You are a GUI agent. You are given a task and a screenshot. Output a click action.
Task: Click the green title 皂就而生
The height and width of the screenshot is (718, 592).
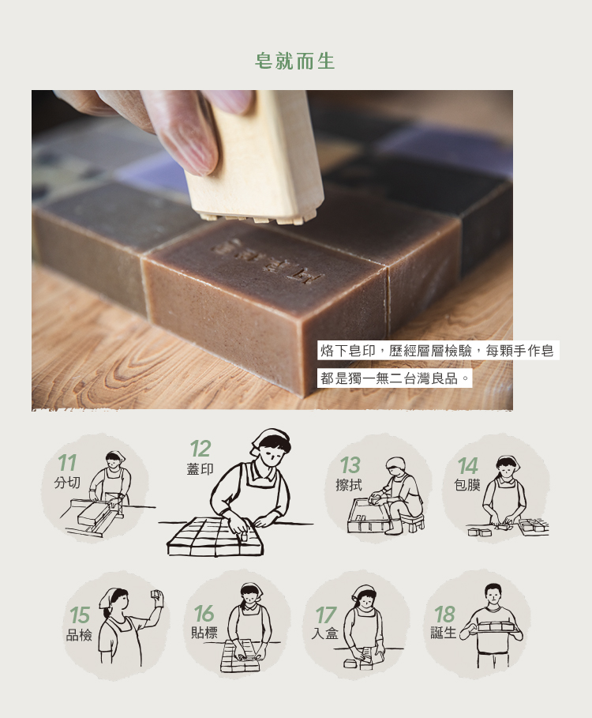click(295, 62)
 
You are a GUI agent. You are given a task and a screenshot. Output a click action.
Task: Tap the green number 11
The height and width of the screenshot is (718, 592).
click(67, 463)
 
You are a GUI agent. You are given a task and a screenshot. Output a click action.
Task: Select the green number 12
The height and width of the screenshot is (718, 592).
click(200, 449)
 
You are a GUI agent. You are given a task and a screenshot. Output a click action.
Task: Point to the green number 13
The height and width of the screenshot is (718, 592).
click(350, 466)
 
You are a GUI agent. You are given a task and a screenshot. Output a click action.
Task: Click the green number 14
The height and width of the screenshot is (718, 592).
click(468, 466)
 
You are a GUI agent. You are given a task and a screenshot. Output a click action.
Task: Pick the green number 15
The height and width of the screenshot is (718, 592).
click(80, 615)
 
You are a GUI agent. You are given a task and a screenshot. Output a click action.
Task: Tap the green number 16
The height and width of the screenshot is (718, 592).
click(204, 613)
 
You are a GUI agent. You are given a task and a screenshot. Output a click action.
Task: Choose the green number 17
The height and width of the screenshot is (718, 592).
click(326, 615)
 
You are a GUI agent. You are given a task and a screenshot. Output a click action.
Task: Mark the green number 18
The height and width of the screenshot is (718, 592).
click(444, 615)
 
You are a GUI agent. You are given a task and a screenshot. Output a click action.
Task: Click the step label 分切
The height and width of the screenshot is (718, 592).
click(67, 482)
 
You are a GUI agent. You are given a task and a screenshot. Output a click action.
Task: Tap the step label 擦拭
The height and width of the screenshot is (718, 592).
click(349, 485)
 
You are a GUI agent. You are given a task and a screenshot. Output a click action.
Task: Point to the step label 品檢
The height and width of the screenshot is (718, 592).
click(79, 635)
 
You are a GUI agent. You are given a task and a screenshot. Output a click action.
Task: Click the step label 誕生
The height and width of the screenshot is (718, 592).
click(444, 633)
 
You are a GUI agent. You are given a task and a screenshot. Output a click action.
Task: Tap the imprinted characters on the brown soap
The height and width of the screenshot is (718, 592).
click(268, 261)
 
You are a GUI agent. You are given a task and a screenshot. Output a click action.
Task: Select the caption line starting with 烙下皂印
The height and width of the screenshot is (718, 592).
click(438, 351)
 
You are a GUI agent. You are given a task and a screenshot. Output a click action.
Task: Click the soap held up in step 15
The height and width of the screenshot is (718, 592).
click(156, 595)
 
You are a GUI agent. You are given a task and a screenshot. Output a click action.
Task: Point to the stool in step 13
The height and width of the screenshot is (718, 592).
click(413, 523)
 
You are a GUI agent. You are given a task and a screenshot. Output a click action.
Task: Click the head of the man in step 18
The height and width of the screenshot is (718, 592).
click(493, 594)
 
